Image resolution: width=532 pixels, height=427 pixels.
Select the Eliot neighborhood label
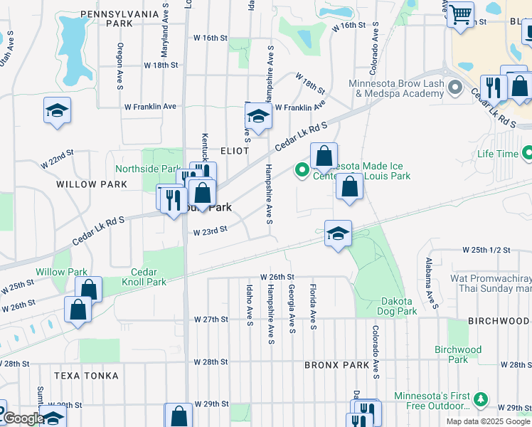235,151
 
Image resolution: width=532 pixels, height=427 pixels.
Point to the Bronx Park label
336,365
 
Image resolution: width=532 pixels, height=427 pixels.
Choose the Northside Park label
147,169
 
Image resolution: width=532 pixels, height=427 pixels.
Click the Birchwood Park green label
458,354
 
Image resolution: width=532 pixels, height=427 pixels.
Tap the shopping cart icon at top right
461,13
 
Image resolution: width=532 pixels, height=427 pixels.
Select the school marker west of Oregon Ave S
57,111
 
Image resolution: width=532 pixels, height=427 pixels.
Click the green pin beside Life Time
527,153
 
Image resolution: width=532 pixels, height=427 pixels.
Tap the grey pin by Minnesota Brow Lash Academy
456,88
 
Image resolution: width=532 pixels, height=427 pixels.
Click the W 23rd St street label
210,230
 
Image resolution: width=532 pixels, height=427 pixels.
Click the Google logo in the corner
23,418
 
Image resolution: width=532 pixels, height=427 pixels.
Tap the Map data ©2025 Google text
488,421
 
